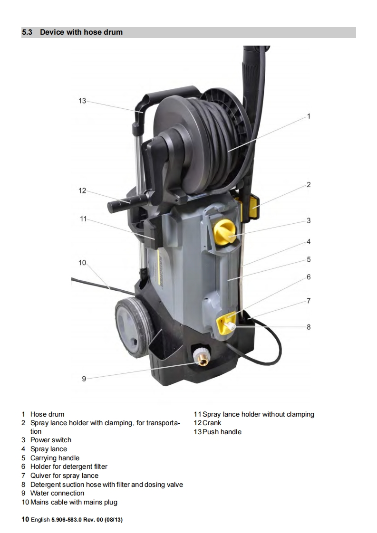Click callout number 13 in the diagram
tap(82, 101)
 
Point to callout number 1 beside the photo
tap(309, 115)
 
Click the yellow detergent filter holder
tap(224, 324)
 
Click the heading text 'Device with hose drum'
tap(81, 32)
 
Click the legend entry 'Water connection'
tap(57, 493)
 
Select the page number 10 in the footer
tap(26, 520)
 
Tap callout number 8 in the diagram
tap(309, 327)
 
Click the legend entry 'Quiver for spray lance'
tap(64, 476)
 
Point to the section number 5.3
tap(27, 32)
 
